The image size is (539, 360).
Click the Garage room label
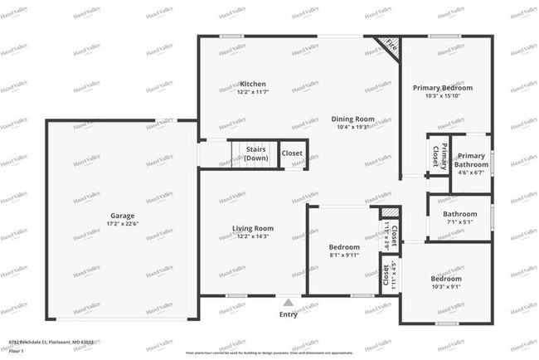[122, 216]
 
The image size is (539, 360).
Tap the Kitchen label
[252, 85]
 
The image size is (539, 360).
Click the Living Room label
[252, 228]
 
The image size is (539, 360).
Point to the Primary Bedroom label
[436, 88]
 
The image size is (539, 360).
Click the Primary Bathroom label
[472, 160]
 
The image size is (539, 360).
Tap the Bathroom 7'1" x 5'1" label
[459, 213]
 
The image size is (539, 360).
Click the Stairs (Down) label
[256, 153]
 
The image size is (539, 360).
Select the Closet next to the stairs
[292, 153]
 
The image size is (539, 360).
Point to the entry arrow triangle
[288, 303]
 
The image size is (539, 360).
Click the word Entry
[288, 314]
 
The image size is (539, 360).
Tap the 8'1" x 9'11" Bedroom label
[343, 247]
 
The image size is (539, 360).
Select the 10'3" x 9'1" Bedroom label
[445, 279]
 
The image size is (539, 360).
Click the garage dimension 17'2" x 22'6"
[122, 224]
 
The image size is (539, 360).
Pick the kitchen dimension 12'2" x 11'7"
[252, 93]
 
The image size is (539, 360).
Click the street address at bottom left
[51, 341]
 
